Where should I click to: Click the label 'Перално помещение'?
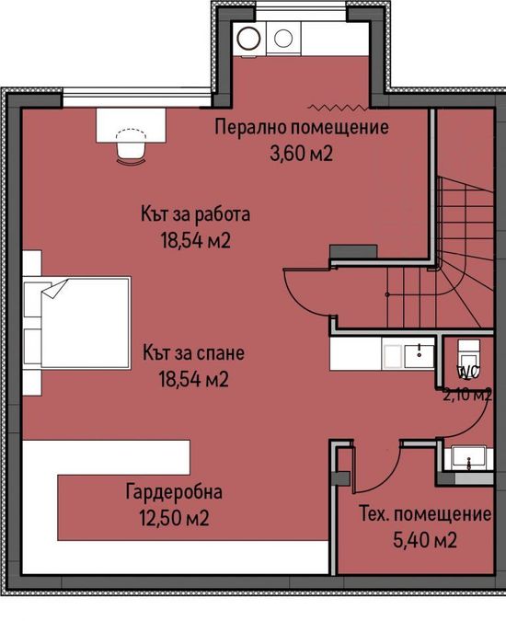pos(302,128)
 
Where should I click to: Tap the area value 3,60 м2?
pos(302,154)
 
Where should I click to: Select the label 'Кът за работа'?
pos(196,214)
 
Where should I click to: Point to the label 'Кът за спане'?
pos(193,353)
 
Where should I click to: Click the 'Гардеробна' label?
pos(174,492)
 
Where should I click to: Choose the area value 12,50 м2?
pos(174,518)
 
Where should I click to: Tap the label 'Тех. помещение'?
pos(425,514)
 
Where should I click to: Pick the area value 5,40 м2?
pos(425,540)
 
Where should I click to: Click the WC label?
pos(468,372)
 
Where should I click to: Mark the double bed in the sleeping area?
pos(77,323)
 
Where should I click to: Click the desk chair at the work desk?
pos(132,145)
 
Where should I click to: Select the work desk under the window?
pos(131,125)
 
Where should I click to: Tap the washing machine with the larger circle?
pos(249,38)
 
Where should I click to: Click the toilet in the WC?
pos(468,353)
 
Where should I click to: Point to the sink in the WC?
pos(469,458)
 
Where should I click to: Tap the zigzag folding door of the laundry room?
pos(338,107)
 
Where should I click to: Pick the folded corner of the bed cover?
pos(55,288)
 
